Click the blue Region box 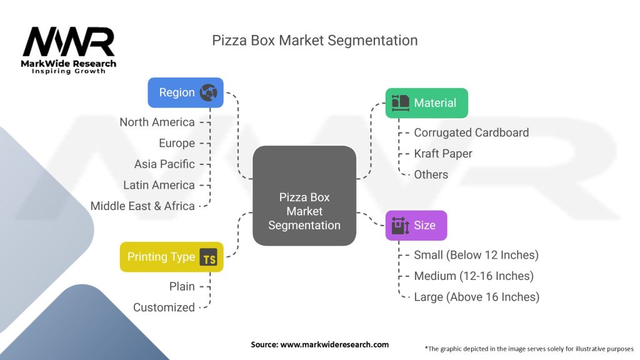pos(186,92)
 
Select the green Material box pos(426,103)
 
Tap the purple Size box pos(416,225)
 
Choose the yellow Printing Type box pos(172,257)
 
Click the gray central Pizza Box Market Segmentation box pos(304,196)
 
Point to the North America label pos(157,122)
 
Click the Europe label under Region pos(177,143)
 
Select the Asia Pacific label pos(164,164)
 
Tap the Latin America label pos(159,185)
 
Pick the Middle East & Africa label pos(142,206)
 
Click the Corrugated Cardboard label pos(471,132)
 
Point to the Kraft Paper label pos(443,154)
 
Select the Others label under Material pos(431,175)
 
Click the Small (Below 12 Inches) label pos(476,255)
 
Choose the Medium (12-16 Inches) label pos(474,276)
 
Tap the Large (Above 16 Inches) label pos(477,297)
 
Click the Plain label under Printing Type pos(182,286)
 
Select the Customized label pos(164,307)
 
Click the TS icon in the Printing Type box pos(209,257)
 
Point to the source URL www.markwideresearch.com pos(334,344)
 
